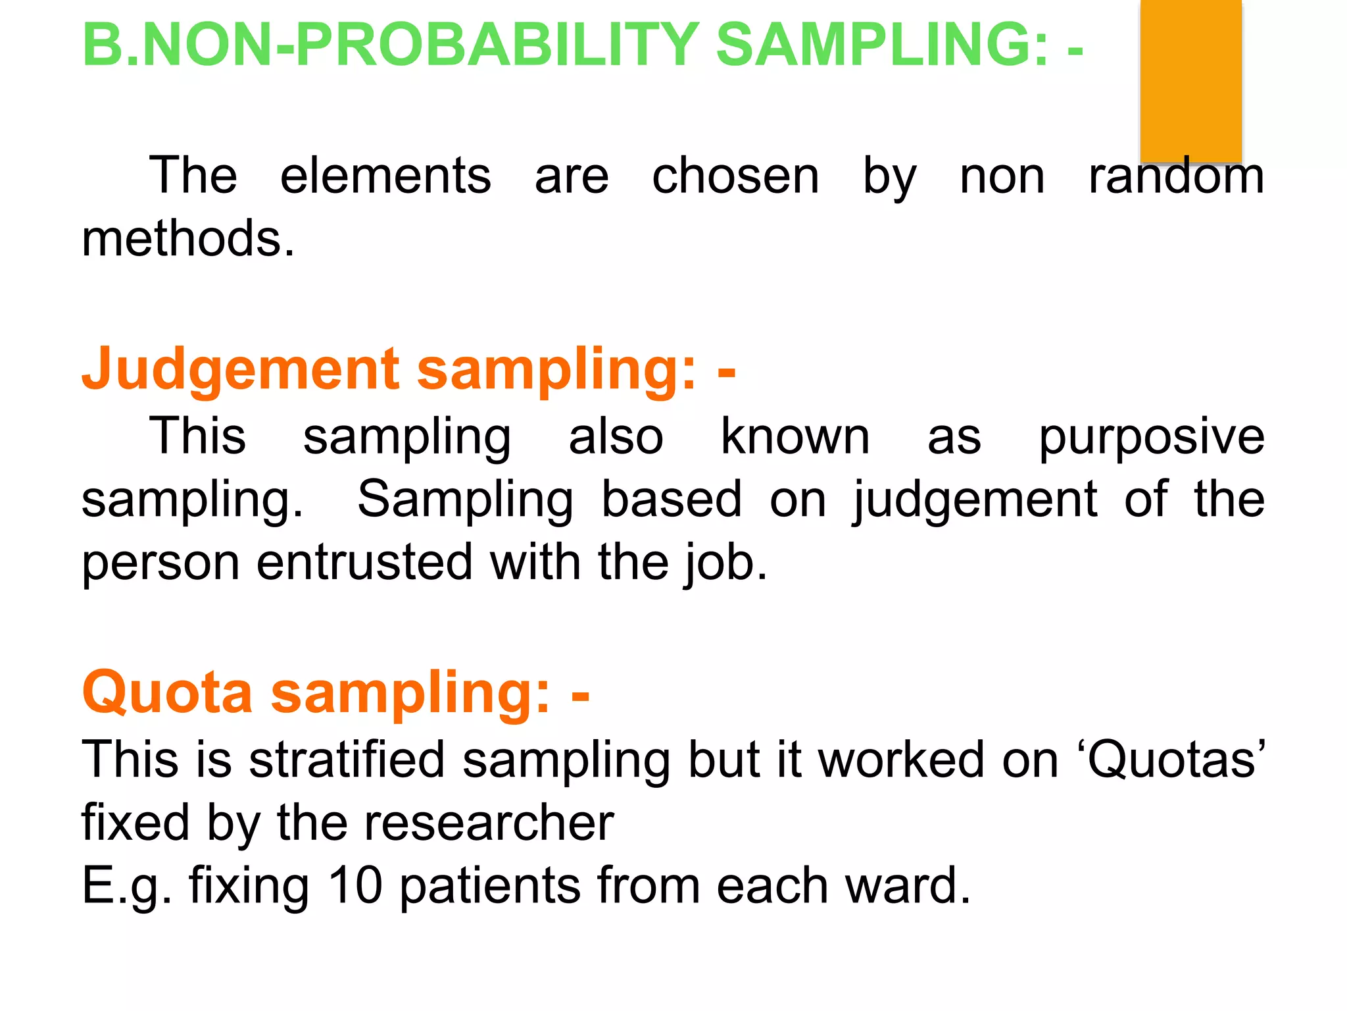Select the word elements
[x=385, y=176]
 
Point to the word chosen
[x=735, y=176]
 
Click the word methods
[x=188, y=238]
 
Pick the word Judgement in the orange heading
[x=241, y=370]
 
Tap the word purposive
[x=1151, y=438]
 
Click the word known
[x=795, y=436]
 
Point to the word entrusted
[x=364, y=563]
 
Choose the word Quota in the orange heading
[x=168, y=692]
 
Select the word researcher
[x=489, y=823]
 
